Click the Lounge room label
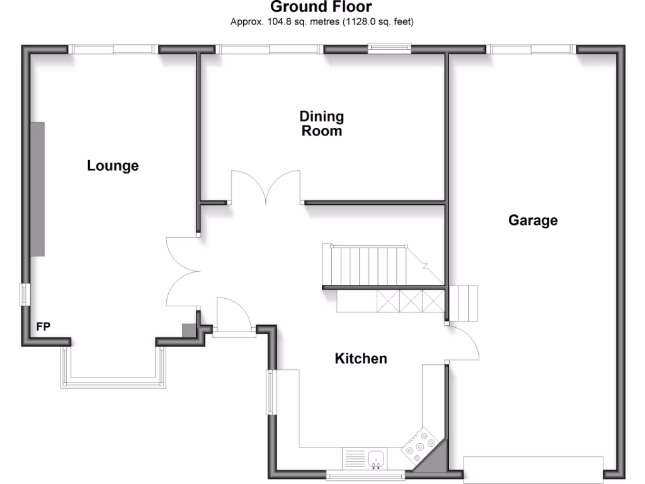pos(113,166)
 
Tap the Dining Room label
pos(322,124)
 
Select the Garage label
pos(533,220)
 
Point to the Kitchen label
pos(360,359)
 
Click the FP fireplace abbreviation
pos(43,326)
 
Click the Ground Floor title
pos(321,7)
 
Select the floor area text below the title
pos(322,21)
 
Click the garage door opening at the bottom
pos(533,470)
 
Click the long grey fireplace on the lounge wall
pos(38,189)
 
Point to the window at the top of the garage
pos(532,49)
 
